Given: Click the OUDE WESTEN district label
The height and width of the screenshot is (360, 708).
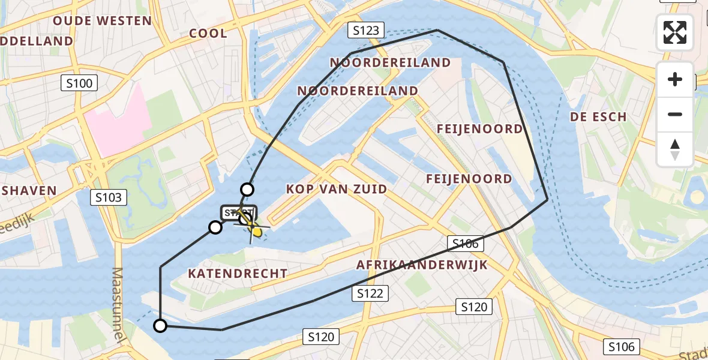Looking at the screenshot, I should [x=102, y=21].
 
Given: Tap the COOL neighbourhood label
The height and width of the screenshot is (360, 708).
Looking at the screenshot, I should [x=208, y=34].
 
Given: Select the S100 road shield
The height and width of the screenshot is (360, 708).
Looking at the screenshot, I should [x=80, y=83].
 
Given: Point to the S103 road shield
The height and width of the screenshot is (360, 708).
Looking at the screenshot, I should [x=109, y=197].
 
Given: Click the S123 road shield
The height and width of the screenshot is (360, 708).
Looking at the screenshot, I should [x=366, y=29].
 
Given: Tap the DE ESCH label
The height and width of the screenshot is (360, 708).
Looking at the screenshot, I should [x=598, y=117].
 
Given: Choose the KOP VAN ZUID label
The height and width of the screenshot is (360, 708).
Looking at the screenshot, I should [x=336, y=189].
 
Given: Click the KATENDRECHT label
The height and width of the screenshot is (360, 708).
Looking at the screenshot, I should [x=238, y=274].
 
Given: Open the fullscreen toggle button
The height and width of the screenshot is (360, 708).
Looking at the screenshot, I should [x=675, y=32].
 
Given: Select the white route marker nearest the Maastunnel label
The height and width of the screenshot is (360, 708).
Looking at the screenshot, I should [x=160, y=326].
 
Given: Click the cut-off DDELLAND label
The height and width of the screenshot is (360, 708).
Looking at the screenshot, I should [x=37, y=41].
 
